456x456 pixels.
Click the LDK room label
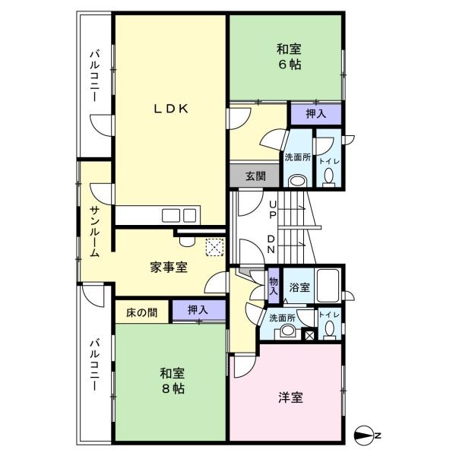tap(171, 109)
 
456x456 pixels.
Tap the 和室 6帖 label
tap(289, 57)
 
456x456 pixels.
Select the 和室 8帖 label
tap(173, 381)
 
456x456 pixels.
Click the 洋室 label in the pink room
tap(290, 397)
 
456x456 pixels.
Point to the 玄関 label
tap(255, 176)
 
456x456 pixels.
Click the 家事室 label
tap(169, 268)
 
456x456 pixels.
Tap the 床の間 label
tap(141, 313)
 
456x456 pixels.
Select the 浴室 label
tap(299, 287)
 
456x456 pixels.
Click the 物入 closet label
tap(274, 287)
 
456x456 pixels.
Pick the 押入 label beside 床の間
tap(198, 310)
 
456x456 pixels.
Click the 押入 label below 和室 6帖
tap(316, 114)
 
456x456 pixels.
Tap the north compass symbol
tap(364, 435)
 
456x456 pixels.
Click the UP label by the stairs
tap(273, 210)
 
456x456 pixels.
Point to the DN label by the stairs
tap(271, 244)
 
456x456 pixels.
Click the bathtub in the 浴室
tap(328, 286)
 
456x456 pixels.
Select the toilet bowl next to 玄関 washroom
tap(329, 177)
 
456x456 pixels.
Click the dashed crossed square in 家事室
tap(214, 248)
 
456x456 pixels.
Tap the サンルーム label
tap(94, 231)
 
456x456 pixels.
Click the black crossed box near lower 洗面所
tap(309, 334)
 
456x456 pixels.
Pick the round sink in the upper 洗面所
tap(297, 181)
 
